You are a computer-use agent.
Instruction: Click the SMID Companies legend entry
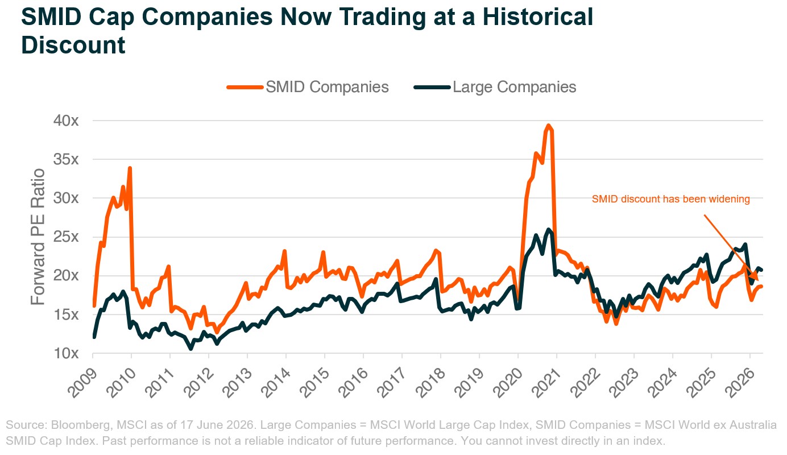coord(308,87)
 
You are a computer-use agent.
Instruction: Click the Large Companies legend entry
coord(495,87)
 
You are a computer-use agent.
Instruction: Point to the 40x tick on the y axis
coord(66,121)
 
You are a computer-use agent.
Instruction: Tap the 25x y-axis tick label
coord(66,237)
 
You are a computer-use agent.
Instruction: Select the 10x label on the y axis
coord(66,353)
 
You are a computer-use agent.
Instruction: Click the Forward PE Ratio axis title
coord(38,237)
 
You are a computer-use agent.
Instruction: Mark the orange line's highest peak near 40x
coord(548,125)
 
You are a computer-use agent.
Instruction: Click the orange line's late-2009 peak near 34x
coord(130,168)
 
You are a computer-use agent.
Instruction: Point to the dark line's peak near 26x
coord(549,229)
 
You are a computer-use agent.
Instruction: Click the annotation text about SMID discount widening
coord(670,199)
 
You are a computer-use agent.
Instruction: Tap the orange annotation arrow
coord(731,248)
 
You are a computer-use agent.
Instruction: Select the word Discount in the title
coord(73,45)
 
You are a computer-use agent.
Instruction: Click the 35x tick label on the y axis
coord(66,159)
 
